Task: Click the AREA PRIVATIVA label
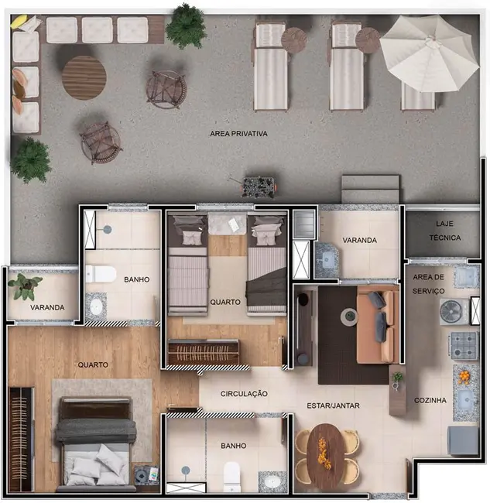238,134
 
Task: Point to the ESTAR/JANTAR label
334,405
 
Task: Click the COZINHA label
430,400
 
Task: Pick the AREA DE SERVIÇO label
428,283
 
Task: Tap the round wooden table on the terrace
84,77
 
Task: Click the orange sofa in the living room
379,326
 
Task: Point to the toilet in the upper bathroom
100,273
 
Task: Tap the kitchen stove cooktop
464,346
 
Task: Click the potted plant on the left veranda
25,286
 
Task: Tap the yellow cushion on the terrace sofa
18,22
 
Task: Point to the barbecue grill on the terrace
256,186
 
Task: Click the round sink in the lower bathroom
272,481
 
